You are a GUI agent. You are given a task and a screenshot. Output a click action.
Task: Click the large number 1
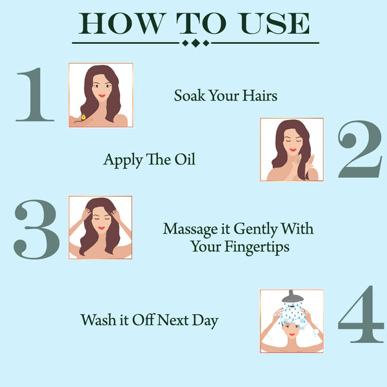pyautogui.click(x=35, y=95)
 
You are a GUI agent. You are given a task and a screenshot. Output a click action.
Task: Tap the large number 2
pyautogui.click(x=360, y=150)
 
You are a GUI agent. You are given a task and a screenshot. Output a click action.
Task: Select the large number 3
pyautogui.click(x=37, y=229)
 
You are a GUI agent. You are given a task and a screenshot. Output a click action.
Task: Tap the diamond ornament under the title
pyautogui.click(x=195, y=43)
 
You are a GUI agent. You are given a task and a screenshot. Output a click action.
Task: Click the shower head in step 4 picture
pyautogui.click(x=294, y=297)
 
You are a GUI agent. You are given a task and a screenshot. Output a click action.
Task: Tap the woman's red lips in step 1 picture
pyautogui.click(x=101, y=96)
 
